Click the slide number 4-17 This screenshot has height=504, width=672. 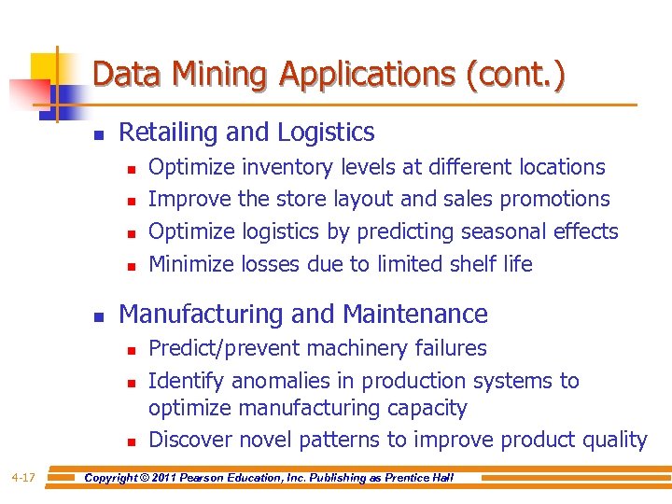(x=23, y=478)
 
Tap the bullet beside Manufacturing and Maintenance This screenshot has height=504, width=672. (x=98, y=316)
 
